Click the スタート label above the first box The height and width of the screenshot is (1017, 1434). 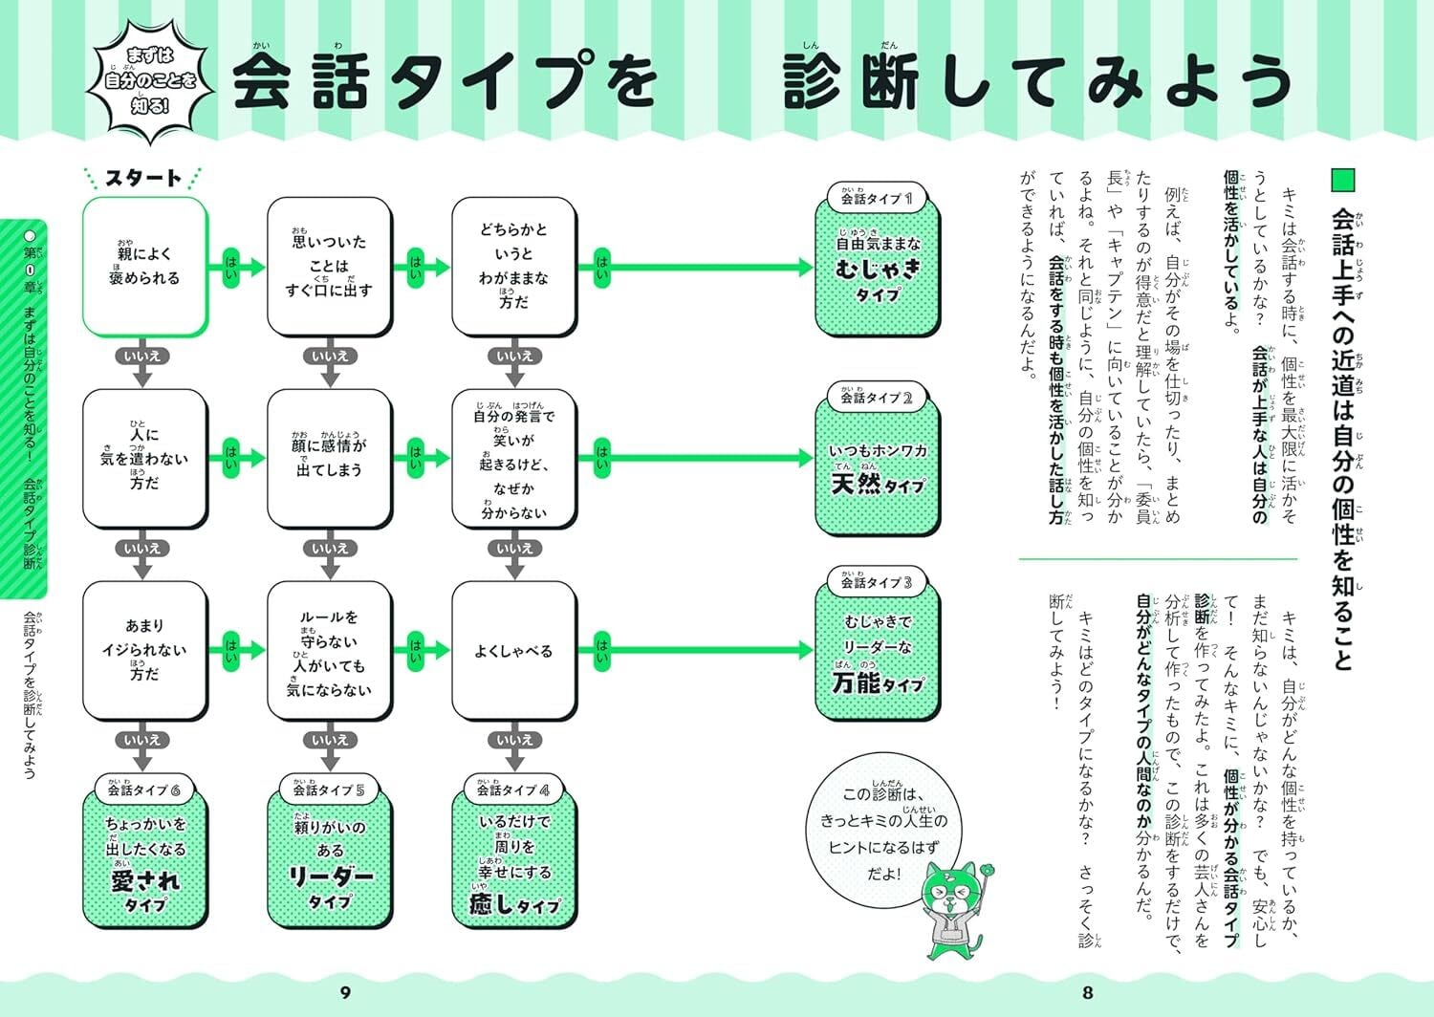pos(143,178)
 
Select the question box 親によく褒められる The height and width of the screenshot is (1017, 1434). pos(144,267)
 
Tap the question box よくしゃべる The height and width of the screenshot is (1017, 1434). pos(514,651)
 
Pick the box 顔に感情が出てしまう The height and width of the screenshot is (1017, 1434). pos(329,458)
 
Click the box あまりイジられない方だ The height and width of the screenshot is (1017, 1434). pos(144,651)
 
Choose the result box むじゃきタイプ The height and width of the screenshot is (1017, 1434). pos(878,272)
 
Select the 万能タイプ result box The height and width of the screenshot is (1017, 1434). pos(878,656)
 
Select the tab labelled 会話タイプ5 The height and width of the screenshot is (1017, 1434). pos(329,790)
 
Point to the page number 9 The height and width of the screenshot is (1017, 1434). pos(346,993)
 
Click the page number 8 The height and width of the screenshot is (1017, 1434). pos(1087,993)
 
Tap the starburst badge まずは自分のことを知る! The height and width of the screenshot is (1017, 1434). pos(149,80)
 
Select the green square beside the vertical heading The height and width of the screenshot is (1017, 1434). pos(1343,181)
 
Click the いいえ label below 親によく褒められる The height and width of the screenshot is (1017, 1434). pos(142,357)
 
